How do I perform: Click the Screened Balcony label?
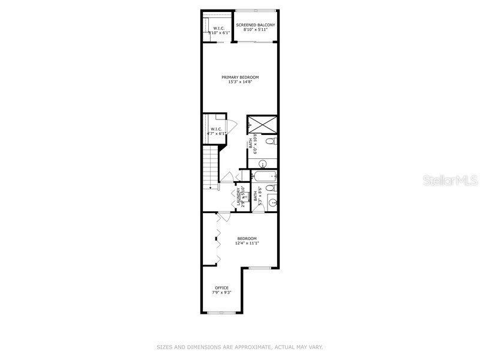255,25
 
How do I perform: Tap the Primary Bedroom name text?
240,77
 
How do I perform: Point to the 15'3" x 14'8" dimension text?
240,82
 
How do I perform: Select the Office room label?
222,288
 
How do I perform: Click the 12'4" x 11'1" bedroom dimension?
247,243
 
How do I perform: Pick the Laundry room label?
238,197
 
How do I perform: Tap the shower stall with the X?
262,124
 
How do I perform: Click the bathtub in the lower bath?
264,176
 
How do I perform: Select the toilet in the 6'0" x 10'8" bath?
271,142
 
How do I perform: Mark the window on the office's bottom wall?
222,313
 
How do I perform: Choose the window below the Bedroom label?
260,268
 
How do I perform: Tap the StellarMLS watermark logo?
449,180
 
